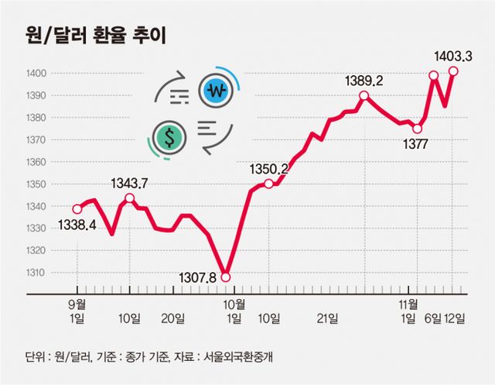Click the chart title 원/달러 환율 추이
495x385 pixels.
(92, 36)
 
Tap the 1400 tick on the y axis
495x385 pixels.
(36, 73)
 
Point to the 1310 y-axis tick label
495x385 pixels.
(36, 273)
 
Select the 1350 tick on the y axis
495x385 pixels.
(36, 184)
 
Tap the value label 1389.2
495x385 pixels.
(364, 81)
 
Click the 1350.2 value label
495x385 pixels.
(268, 168)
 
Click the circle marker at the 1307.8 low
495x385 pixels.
(225, 277)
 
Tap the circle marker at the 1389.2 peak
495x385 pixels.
(364, 96)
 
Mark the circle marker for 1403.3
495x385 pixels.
(453, 71)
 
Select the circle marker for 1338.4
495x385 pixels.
(77, 209)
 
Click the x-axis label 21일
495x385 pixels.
(328, 318)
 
